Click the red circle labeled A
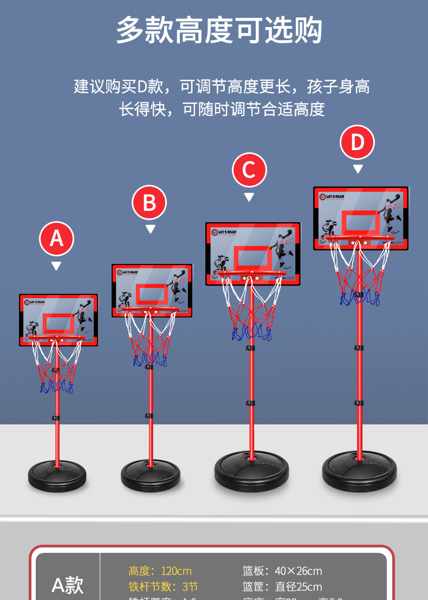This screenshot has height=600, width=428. (x=56, y=238)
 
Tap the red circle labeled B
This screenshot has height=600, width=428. (x=150, y=203)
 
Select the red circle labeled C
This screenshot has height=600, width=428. (x=249, y=170)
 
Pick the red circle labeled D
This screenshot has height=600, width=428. (x=358, y=143)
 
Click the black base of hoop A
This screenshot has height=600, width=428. (x=57, y=475)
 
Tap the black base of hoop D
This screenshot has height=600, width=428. (x=359, y=471)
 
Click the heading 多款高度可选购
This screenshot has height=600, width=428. (x=219, y=30)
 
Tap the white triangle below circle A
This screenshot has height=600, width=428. (x=56, y=266)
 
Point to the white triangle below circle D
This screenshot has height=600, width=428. (x=358, y=169)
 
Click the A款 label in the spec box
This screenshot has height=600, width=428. (x=68, y=585)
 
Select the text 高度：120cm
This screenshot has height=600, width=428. (x=160, y=571)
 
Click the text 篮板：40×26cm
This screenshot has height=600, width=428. (x=282, y=571)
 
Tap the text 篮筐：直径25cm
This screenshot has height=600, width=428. (x=282, y=586)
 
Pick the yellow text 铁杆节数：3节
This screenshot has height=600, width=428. (x=163, y=586)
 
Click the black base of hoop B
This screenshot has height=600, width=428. (x=151, y=475)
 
